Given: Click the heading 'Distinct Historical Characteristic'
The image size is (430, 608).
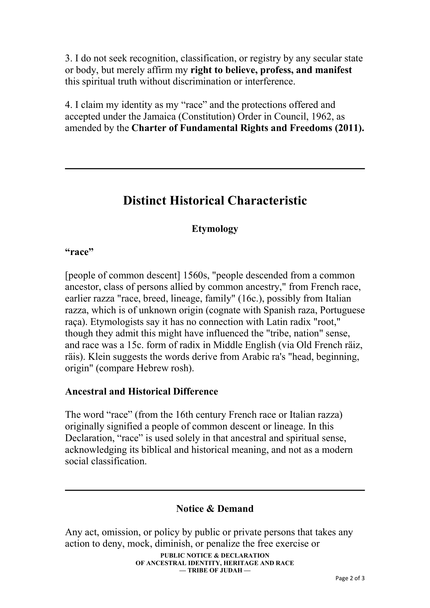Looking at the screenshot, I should tap(215, 201).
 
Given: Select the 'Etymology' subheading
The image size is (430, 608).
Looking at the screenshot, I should tap(215, 229).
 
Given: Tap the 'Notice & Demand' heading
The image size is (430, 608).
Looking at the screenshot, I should tap(215, 509).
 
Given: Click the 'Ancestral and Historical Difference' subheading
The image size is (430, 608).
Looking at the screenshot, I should tap(141, 391).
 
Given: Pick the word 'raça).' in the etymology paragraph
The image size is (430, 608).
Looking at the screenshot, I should tap(76, 322).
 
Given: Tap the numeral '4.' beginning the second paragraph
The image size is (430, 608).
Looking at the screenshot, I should tap(69, 105).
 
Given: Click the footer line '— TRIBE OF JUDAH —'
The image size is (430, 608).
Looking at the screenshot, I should tap(215, 578).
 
